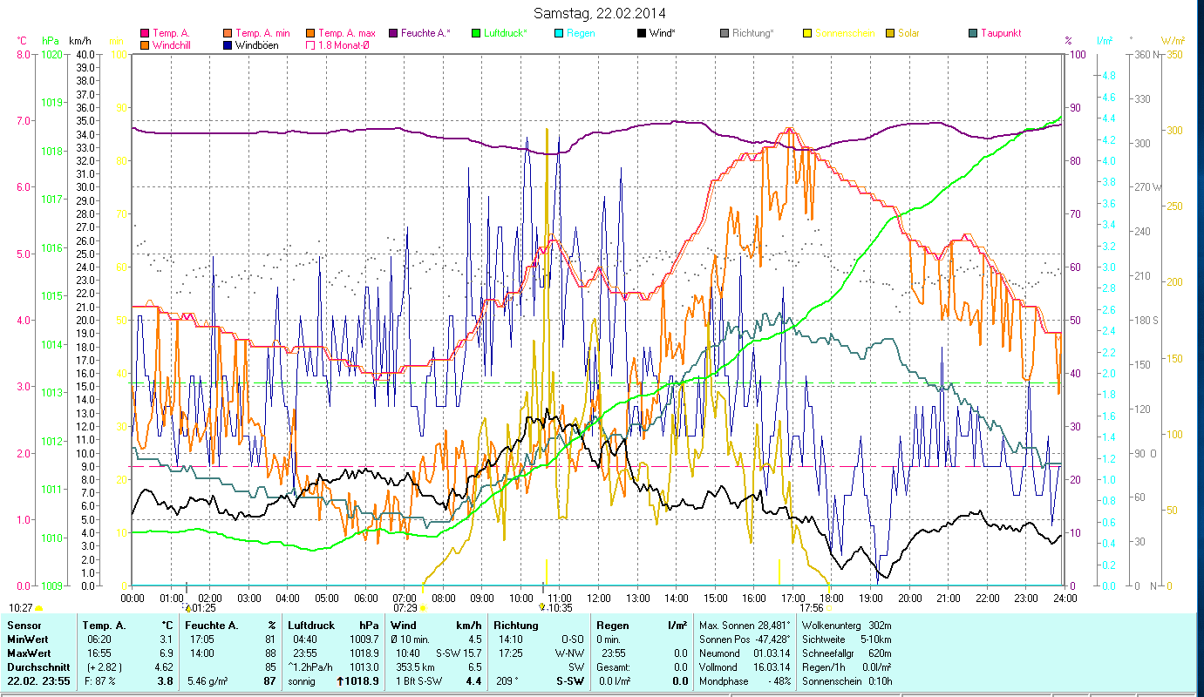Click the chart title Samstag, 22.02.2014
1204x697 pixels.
coord(602,13)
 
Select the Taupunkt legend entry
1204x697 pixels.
coord(1000,33)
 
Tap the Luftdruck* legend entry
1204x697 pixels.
coord(501,33)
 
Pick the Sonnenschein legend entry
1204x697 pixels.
coord(845,33)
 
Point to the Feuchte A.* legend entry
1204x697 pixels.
coord(425,33)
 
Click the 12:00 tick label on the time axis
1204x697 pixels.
coord(599,599)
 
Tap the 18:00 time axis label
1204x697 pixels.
coord(833,599)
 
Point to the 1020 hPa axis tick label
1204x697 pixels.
coord(52,54)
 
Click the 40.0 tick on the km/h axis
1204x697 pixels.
coord(85,54)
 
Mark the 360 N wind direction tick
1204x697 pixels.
coord(1146,54)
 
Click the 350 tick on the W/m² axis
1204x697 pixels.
coord(1173,54)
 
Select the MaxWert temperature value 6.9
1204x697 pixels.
coord(166,653)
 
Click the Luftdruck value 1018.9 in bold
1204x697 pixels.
coord(363,680)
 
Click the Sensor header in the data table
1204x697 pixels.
coord(24,626)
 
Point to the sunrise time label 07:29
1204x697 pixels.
coord(405,607)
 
